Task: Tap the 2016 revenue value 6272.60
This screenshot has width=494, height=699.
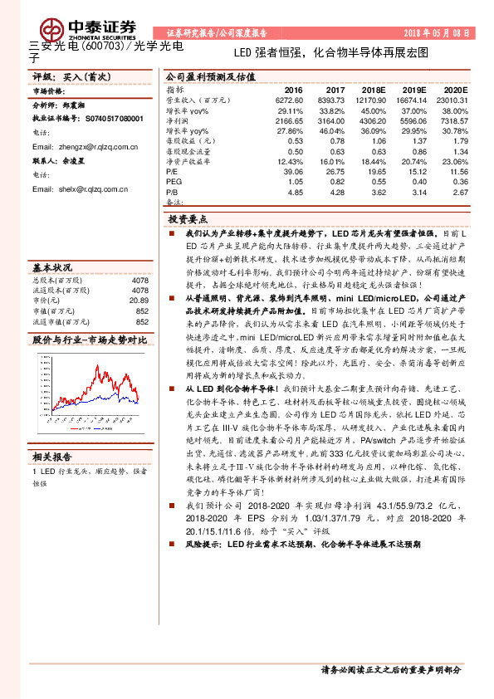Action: [288, 100]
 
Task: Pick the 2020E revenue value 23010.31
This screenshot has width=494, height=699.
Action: [452, 100]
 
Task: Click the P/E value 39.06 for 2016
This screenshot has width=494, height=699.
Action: [293, 171]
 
